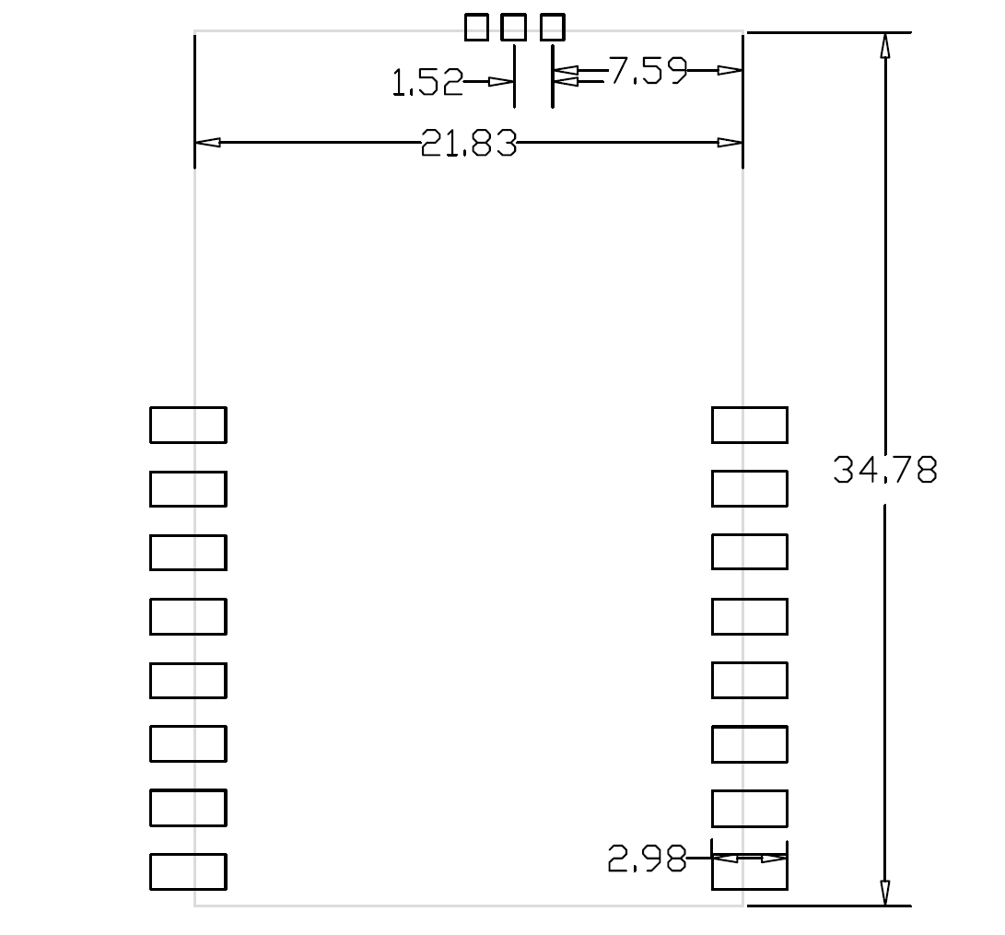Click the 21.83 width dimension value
(x=469, y=144)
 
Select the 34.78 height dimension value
(x=885, y=471)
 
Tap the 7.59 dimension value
(x=648, y=71)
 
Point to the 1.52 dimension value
(x=427, y=84)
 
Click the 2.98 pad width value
(x=647, y=860)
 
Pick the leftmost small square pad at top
(x=477, y=28)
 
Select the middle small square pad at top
(x=514, y=28)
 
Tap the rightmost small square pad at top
(x=552, y=28)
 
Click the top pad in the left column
(x=188, y=425)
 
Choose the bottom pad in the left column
(x=188, y=872)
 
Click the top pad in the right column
(x=750, y=425)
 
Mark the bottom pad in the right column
(x=750, y=872)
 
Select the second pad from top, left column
(x=188, y=488)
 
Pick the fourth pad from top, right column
(x=750, y=616)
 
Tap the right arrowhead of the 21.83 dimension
(x=730, y=143)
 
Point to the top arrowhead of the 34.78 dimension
(x=885, y=46)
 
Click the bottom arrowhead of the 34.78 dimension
(x=885, y=893)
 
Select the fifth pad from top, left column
(x=188, y=680)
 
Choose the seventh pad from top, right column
(x=750, y=808)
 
